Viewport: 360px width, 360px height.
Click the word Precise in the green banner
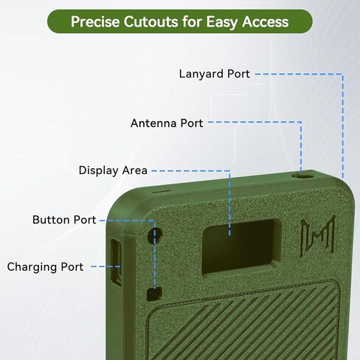click(x=95, y=21)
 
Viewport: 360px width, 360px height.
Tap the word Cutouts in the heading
click(x=150, y=21)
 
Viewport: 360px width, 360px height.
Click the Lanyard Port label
click(x=215, y=74)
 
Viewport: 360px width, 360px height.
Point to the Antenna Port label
click(x=167, y=123)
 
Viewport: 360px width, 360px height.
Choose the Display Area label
click(x=113, y=170)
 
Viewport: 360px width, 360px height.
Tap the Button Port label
click(x=64, y=220)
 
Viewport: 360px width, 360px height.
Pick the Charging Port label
click(x=45, y=267)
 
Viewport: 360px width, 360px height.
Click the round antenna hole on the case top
click(x=302, y=176)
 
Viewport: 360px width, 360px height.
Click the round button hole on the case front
click(x=155, y=235)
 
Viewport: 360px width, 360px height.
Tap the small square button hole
click(x=154, y=294)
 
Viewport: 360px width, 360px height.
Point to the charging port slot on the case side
click(x=116, y=262)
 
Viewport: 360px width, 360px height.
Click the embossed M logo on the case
click(x=318, y=237)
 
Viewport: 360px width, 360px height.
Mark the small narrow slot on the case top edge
click(x=160, y=191)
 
